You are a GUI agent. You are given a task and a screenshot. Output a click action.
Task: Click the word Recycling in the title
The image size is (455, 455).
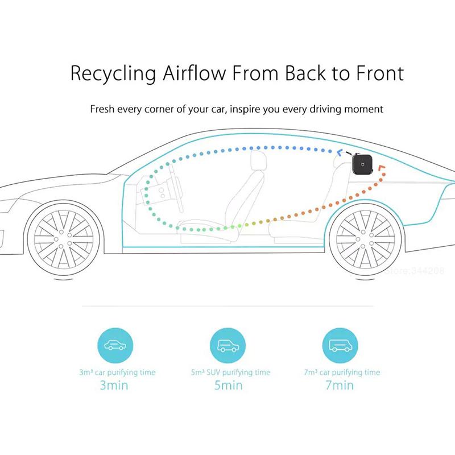tap(113, 74)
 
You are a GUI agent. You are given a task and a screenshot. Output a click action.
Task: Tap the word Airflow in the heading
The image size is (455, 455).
tap(194, 73)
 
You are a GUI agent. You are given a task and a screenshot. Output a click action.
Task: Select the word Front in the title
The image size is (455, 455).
tap(380, 73)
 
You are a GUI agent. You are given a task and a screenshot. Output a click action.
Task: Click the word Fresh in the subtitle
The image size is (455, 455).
tap(102, 109)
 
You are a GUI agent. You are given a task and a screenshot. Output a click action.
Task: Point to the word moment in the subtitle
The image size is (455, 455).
tap(363, 109)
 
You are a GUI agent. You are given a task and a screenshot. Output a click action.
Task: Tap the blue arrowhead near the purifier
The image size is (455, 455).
tap(339, 152)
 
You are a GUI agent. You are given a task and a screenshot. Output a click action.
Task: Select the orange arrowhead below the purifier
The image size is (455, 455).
tap(381, 168)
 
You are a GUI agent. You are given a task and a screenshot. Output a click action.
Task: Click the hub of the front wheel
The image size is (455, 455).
tap(64, 239)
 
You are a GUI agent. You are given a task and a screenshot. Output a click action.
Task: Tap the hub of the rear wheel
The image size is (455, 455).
tap(365, 239)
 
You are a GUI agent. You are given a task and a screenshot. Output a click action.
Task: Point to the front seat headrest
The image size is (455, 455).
tap(258, 159)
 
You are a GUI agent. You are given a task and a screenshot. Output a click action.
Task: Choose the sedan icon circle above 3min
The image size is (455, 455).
tap(115, 345)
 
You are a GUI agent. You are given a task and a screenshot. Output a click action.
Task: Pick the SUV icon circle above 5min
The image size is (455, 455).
tap(228, 345)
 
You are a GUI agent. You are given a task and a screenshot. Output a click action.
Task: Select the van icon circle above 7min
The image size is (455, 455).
tap(340, 345)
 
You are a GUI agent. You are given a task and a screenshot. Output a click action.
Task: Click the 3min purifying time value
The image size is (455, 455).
tap(114, 386)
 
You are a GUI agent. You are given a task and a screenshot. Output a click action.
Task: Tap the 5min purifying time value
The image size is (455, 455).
tap(229, 386)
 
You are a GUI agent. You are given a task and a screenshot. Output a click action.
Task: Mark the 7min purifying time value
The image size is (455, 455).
tap(340, 386)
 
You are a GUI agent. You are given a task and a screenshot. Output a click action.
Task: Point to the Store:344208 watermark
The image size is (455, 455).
tap(414, 271)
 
